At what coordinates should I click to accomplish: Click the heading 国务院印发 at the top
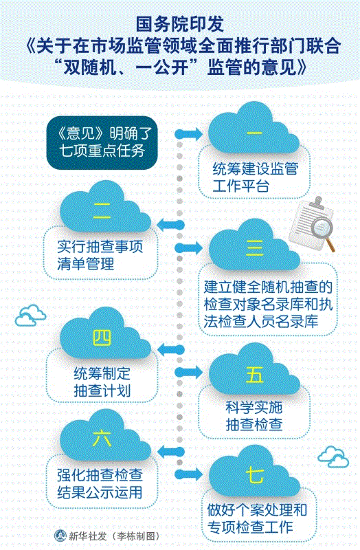pos(180,25)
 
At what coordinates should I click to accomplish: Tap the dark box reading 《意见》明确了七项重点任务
pos(102,143)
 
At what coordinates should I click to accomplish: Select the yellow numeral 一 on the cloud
pos(254,133)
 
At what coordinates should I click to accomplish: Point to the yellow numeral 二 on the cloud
pos(102,211)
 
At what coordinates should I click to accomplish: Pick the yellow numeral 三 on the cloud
pos(255,248)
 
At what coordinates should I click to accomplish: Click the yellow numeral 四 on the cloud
pos(102,338)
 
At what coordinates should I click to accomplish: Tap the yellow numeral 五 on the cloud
pos(255,375)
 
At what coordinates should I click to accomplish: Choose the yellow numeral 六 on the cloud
pos(102,439)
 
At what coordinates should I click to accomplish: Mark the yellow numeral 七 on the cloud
pos(255,476)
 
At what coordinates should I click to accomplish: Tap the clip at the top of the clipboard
pos(317,203)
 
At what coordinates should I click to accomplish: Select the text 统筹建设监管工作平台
pos(255,177)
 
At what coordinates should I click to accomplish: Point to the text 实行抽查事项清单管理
pos(100,255)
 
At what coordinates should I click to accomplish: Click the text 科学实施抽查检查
pos(254,416)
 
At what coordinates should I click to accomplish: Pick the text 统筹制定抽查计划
pos(102,382)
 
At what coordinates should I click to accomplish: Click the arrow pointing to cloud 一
pos(189,133)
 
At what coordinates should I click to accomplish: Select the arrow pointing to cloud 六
pos(171,452)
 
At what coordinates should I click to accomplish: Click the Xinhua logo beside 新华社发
pos(60,536)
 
